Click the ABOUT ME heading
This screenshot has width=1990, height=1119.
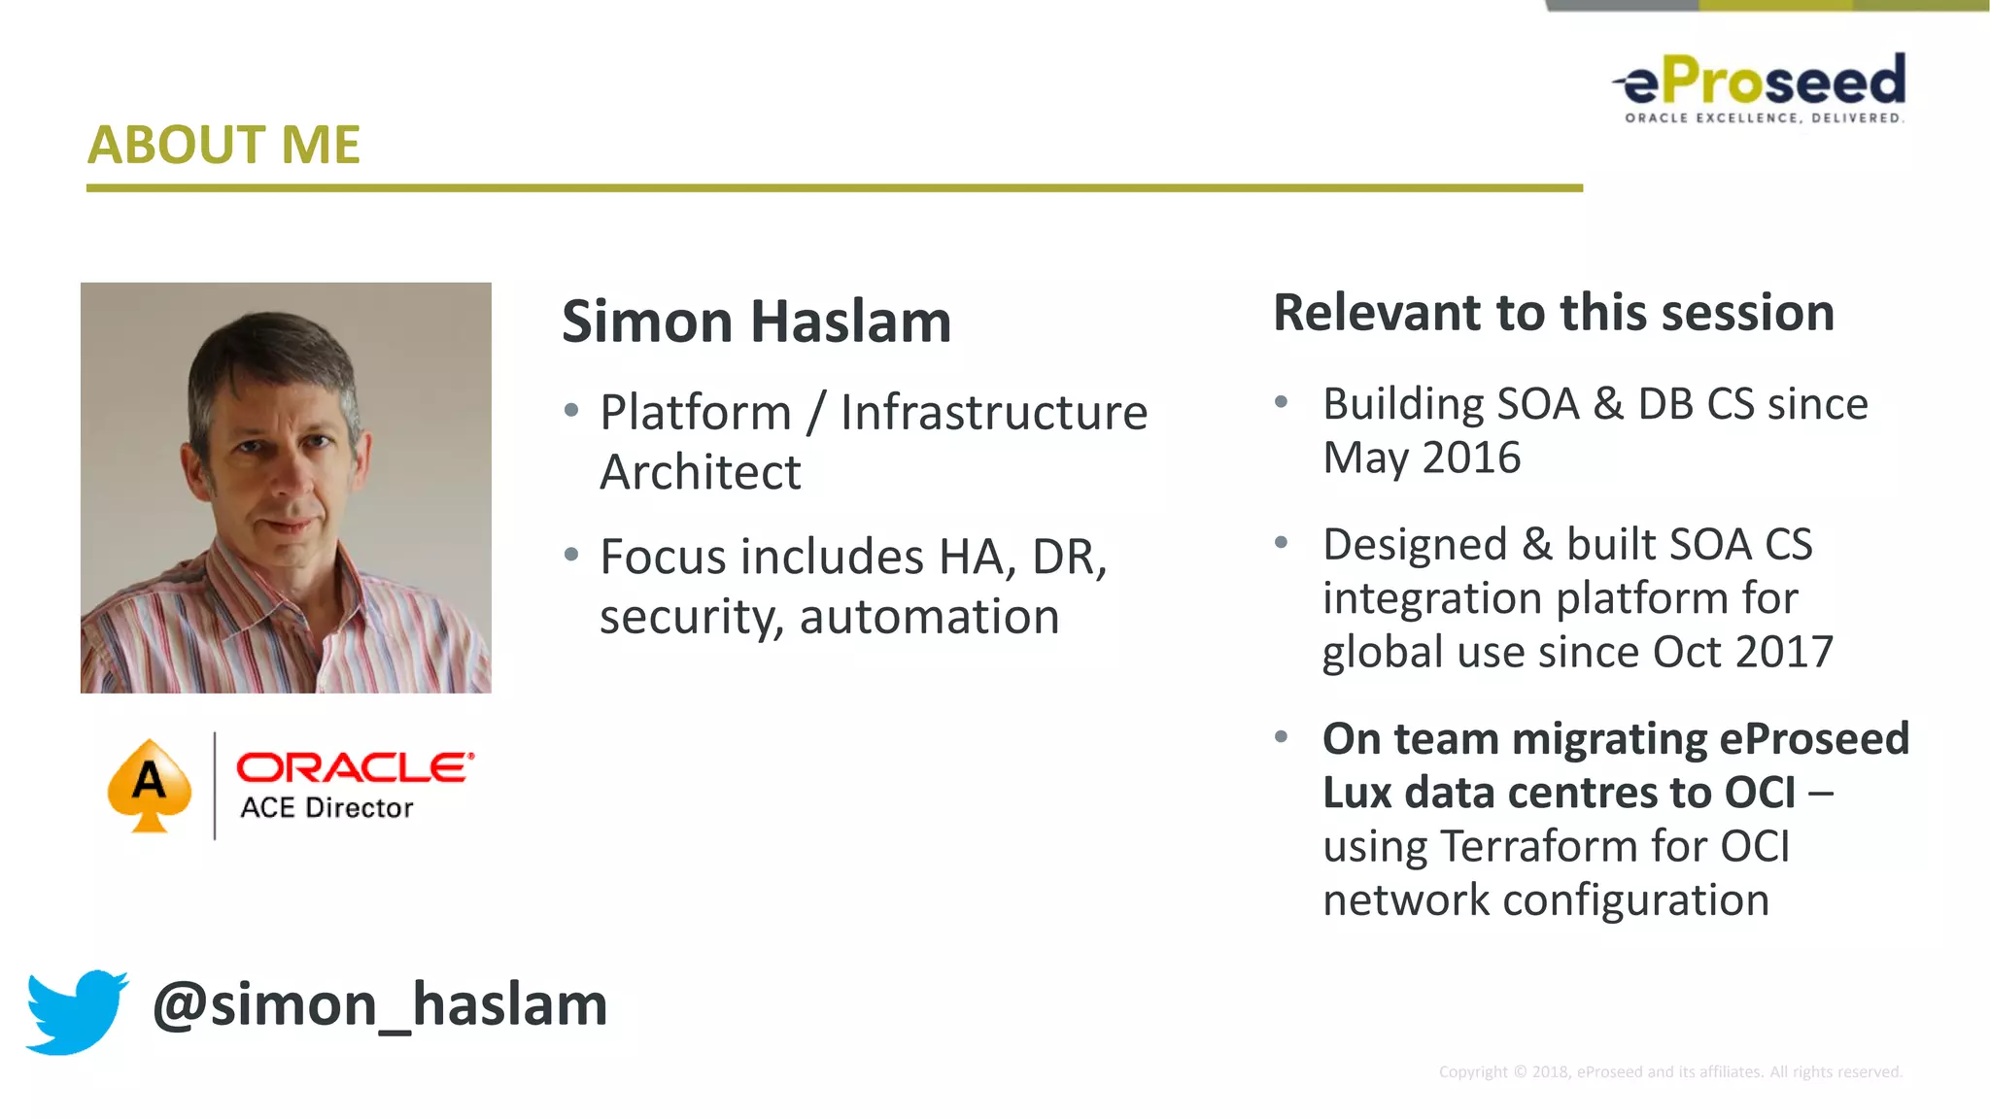click(x=223, y=145)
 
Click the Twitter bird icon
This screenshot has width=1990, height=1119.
click(x=76, y=1010)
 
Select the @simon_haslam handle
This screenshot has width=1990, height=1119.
click(x=380, y=1004)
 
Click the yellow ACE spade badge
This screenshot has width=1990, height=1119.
click(x=150, y=785)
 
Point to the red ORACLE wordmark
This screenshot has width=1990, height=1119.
click(x=355, y=767)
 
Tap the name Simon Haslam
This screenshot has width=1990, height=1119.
click(x=756, y=322)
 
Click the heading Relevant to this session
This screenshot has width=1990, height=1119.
click(x=1553, y=313)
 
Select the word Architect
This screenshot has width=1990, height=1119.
click(x=700, y=473)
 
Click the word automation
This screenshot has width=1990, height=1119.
click(x=929, y=617)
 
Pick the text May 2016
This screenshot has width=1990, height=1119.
click(x=1422, y=458)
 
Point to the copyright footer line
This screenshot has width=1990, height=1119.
click(x=1669, y=1071)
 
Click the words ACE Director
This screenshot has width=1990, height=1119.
click(x=326, y=808)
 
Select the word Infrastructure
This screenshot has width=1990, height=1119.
click(x=993, y=413)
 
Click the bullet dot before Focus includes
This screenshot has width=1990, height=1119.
click(x=571, y=555)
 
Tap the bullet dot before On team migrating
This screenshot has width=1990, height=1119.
click(x=1282, y=737)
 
